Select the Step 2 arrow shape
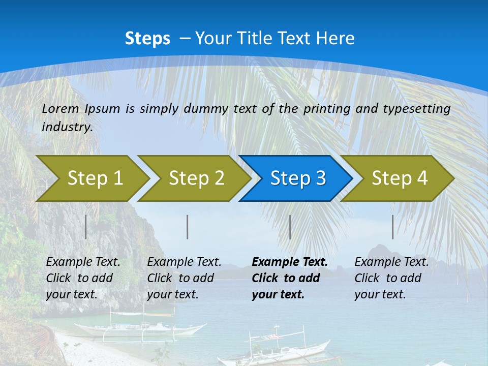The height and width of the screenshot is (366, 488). pyautogui.click(x=196, y=178)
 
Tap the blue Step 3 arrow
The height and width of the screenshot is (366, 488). pyautogui.click(x=298, y=178)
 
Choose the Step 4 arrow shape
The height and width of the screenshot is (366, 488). pyautogui.click(x=400, y=178)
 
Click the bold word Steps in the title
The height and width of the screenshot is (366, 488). pyautogui.click(x=147, y=39)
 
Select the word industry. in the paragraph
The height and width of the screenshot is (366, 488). pyautogui.click(x=67, y=127)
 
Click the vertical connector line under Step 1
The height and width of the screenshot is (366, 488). pyautogui.click(x=86, y=227)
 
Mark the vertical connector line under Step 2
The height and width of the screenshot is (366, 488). pyautogui.click(x=188, y=227)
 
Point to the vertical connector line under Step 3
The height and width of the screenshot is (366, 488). pyautogui.click(x=290, y=227)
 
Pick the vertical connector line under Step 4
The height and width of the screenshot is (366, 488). pyautogui.click(x=392, y=227)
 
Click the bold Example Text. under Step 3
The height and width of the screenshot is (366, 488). pyautogui.click(x=290, y=262)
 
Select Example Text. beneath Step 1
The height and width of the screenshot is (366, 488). pyautogui.click(x=83, y=262)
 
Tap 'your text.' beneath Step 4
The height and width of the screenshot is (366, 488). pyautogui.click(x=380, y=294)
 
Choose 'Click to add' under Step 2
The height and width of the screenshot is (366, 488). pyautogui.click(x=180, y=278)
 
